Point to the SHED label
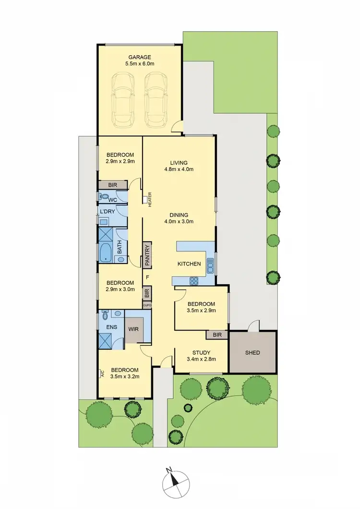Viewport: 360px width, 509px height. click(x=252, y=353)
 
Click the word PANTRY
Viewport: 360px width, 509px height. click(x=147, y=255)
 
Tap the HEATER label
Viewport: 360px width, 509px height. click(x=150, y=199)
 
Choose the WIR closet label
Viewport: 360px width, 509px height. click(x=133, y=330)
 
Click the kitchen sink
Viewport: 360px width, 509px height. click(x=210, y=264)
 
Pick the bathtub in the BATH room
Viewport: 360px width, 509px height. click(x=106, y=252)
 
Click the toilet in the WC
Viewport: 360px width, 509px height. click(x=102, y=196)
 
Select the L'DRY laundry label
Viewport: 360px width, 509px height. click(x=106, y=211)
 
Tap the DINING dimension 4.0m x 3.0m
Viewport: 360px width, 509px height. click(x=178, y=222)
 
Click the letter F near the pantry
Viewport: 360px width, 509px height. click(x=147, y=278)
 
